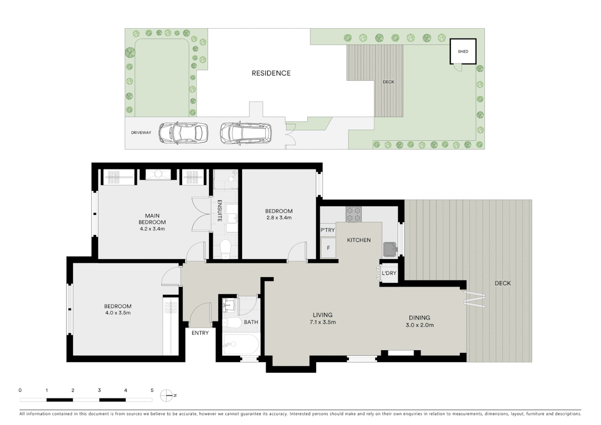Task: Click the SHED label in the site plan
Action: [x=463, y=52]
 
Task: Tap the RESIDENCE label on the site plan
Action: [x=271, y=73]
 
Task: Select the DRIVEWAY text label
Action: [x=141, y=133]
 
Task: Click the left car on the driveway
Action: [x=183, y=133]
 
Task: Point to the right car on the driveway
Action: [x=245, y=133]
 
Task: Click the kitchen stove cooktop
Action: [x=353, y=214]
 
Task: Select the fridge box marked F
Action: [x=328, y=248]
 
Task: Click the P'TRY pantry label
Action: [x=328, y=230]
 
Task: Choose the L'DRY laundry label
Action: [x=389, y=273]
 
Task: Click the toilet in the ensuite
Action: [x=226, y=249]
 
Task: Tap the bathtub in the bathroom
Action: [x=240, y=345]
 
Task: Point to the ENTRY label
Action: [x=200, y=333]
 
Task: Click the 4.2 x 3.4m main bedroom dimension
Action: [x=152, y=229]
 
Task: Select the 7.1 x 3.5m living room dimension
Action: [x=323, y=322]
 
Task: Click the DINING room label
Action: [x=419, y=318]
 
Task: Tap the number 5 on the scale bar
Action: [x=152, y=390]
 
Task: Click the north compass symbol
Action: [x=167, y=395]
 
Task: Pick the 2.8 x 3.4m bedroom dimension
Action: [x=278, y=218]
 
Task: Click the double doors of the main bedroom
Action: [x=201, y=214]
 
